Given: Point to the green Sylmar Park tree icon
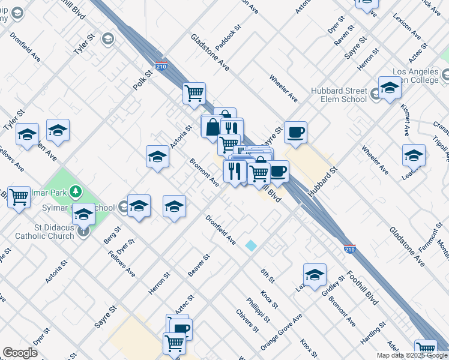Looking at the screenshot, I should coord(76,192).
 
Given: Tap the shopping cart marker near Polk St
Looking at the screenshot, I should coord(194,93).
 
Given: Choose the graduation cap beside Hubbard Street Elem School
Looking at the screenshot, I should coord(389,88).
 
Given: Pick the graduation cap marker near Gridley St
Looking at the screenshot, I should coord(315,274).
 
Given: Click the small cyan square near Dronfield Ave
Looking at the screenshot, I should coord(251,245).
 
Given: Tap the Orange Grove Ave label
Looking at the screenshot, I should coord(282,332).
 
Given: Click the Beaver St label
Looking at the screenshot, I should coord(197,266).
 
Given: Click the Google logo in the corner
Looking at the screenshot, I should coord(20,353).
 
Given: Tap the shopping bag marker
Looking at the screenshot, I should coord(212,127).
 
